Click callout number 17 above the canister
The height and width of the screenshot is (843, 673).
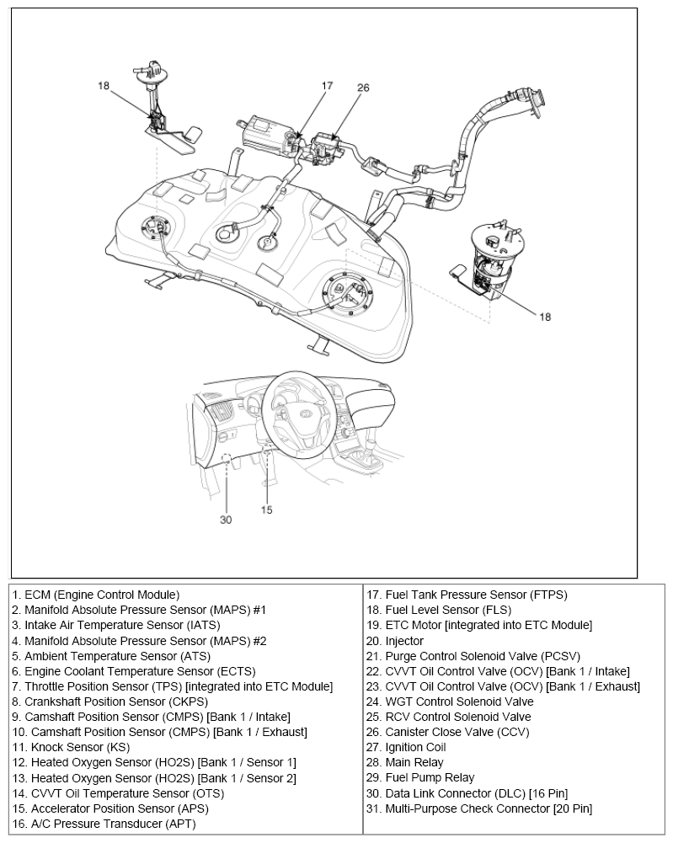click(327, 86)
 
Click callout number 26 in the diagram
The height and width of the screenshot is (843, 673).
click(363, 88)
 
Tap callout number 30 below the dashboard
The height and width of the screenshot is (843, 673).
click(226, 520)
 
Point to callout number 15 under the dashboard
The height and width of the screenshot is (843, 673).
click(266, 510)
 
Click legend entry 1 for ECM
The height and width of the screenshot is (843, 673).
click(96, 595)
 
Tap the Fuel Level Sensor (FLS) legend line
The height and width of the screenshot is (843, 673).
click(438, 610)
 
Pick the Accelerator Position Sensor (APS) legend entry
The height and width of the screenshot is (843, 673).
click(110, 808)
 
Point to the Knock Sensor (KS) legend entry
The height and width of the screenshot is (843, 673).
click(71, 747)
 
